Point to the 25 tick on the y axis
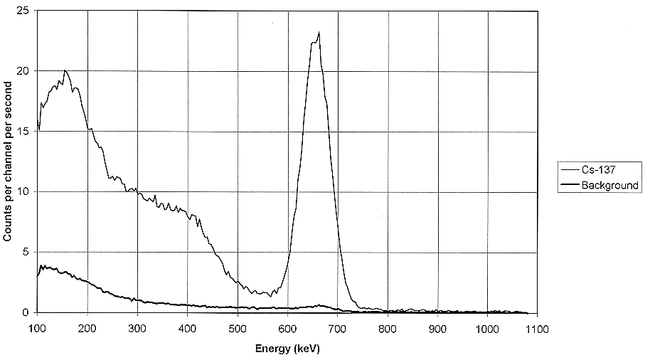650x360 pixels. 23,11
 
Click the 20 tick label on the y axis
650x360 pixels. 23,72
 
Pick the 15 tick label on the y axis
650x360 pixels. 23,132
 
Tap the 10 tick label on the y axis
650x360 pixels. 23,192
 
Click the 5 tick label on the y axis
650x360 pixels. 26,253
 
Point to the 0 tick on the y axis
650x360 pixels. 26,312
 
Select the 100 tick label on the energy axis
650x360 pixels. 38,328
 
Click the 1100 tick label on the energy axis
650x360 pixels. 537,328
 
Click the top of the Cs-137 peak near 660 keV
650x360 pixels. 319,32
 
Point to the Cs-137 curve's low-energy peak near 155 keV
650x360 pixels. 65,70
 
